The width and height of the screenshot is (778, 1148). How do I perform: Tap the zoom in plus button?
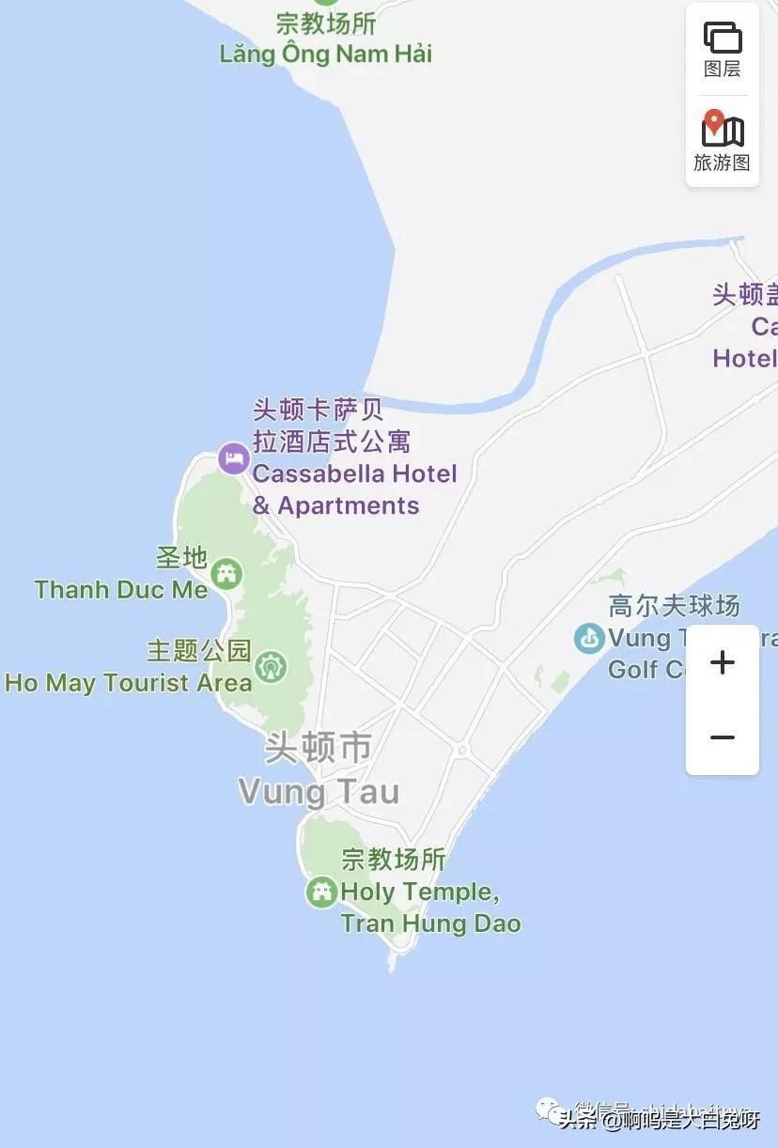(x=722, y=662)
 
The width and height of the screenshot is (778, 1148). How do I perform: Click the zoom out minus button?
(x=722, y=737)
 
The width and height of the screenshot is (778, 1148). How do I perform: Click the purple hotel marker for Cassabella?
(x=233, y=459)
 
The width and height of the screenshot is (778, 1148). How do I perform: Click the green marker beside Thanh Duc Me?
(x=226, y=573)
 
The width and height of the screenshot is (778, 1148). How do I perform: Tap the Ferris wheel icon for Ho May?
(x=271, y=667)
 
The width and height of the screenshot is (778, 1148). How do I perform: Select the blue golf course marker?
(x=589, y=639)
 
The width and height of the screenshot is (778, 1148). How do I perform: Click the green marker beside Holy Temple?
(x=321, y=892)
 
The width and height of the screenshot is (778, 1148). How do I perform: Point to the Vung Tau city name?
(x=319, y=792)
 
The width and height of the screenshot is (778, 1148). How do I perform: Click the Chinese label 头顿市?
(x=318, y=749)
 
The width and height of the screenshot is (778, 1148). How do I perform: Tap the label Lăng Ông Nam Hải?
(x=326, y=54)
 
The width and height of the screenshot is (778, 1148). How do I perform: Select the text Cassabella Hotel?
(x=354, y=473)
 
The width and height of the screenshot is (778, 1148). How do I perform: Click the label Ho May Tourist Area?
(x=129, y=683)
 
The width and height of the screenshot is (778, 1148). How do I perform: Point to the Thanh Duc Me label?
(x=121, y=590)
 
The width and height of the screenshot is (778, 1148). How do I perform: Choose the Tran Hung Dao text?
(x=430, y=923)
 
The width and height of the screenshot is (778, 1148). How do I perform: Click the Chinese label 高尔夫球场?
(x=674, y=606)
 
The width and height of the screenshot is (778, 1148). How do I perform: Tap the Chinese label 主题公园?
(x=199, y=650)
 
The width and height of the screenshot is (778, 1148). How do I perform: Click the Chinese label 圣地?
(x=181, y=558)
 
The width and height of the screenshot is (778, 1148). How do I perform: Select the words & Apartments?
(x=335, y=505)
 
